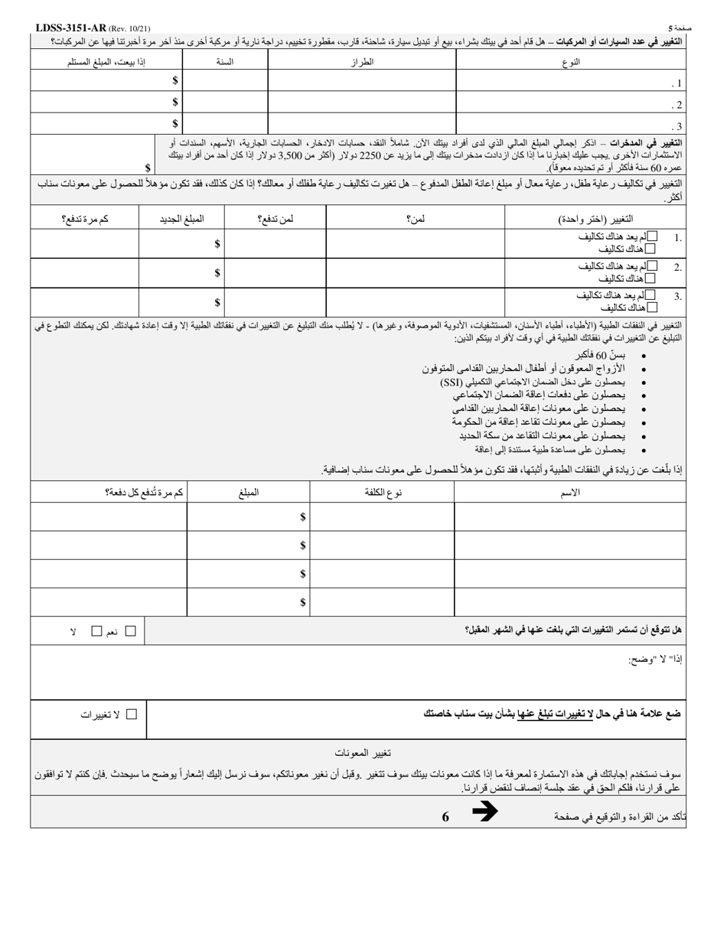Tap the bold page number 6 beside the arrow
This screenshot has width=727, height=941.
coord(445,816)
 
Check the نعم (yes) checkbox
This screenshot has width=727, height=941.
coord(130,631)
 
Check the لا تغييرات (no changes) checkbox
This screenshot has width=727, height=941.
coord(132,714)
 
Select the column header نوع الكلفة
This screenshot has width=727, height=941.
coord(383,493)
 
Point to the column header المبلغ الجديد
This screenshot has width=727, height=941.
coord(181,219)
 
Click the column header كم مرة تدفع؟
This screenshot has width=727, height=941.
coord(85,219)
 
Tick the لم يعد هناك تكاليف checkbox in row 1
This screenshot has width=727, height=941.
coord(651,236)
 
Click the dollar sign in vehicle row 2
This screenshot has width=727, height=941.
coord(175,102)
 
